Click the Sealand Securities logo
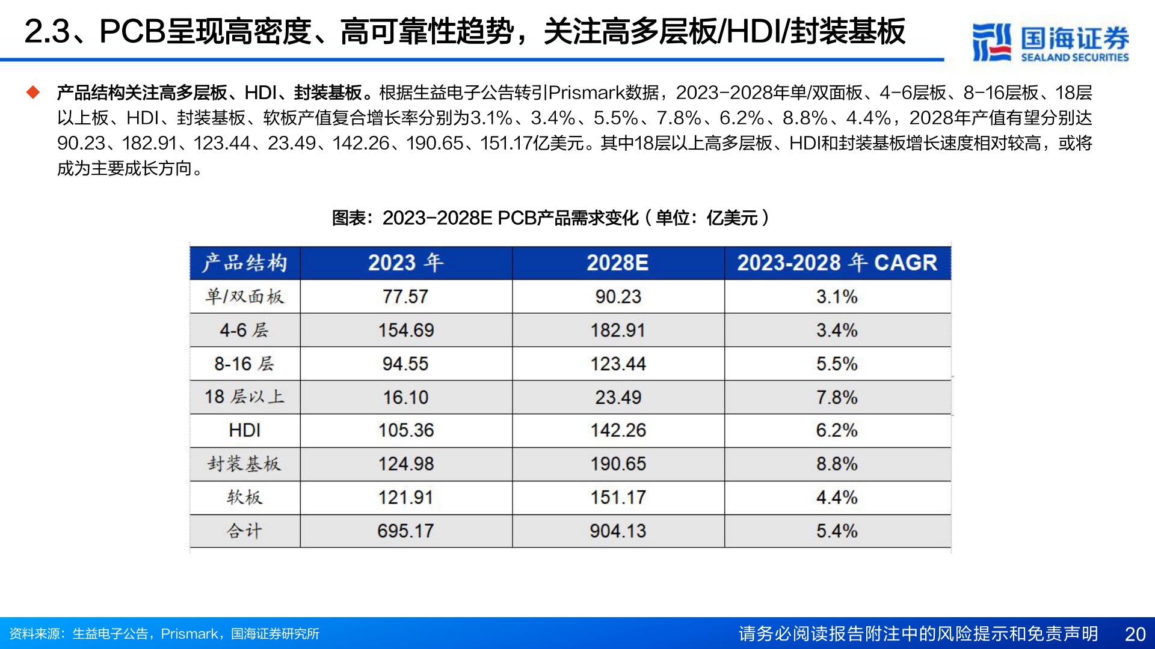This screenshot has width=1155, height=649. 1050,42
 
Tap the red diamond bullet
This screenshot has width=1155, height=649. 33,93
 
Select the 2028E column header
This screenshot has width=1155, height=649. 618,263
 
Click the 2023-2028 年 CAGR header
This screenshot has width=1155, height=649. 837,263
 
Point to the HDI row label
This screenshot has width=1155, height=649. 244,430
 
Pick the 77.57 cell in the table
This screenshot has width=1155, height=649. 405,296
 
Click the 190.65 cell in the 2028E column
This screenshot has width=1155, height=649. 618,464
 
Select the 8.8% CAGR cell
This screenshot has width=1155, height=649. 837,464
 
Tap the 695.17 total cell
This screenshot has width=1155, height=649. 405,531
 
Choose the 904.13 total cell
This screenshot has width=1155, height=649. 618,531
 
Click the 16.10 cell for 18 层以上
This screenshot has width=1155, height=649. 405,397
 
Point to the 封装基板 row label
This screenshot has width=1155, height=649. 244,464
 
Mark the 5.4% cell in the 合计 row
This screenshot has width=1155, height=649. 837,531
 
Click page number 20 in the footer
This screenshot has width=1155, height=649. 1135,634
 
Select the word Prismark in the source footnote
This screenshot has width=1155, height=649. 189,634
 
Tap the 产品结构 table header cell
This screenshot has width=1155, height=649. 244,263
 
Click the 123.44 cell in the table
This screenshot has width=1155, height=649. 618,364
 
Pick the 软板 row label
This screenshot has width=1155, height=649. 244,498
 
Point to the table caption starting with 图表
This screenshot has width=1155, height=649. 550,218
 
